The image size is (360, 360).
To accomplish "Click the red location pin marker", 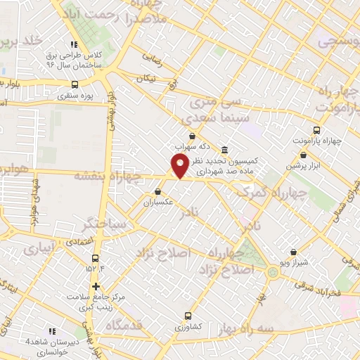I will pyautogui.click(x=180, y=166).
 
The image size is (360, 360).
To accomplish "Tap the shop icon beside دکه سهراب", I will pyautogui.click(x=193, y=136).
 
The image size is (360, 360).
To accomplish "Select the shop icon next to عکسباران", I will pyautogui.click(x=158, y=191).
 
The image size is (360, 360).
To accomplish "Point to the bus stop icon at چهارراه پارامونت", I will pyautogui.click(x=316, y=130).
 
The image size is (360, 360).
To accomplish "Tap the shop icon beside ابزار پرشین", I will pyautogui.click(x=303, y=155).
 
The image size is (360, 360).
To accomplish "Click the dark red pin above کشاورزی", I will pyautogui.click(x=186, y=316).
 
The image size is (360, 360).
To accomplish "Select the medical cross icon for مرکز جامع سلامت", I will pyautogui.click(x=96, y=286).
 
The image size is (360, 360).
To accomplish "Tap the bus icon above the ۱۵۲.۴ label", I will pyautogui.click(x=96, y=256).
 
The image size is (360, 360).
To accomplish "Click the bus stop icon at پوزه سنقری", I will pyautogui.click(x=75, y=84).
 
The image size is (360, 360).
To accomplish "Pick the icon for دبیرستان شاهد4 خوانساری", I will pyautogui.click(x=51, y=330).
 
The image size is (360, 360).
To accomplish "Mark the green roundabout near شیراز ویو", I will pyautogui.click(x=273, y=272).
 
